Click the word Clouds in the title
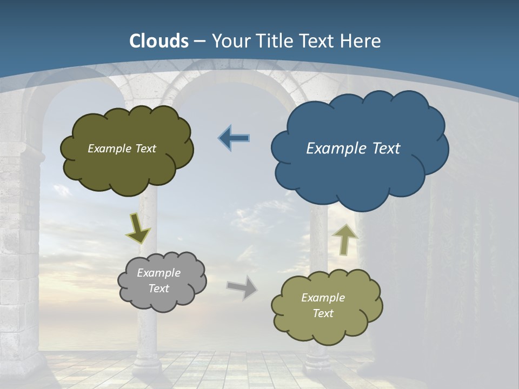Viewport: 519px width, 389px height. pyautogui.click(x=159, y=41)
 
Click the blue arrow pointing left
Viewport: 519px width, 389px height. pyautogui.click(x=235, y=138)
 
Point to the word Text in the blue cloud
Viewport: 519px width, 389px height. pyautogui.click(x=385, y=148)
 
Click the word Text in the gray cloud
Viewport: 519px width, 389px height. pyautogui.click(x=159, y=289)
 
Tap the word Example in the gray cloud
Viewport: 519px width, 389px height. pyautogui.click(x=159, y=273)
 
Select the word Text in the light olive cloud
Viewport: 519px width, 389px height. pyautogui.click(x=323, y=313)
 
